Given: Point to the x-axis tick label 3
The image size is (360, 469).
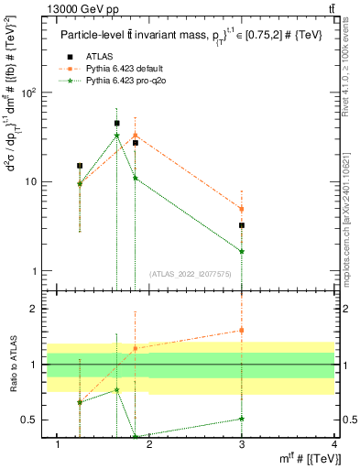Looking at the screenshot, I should [242, 444].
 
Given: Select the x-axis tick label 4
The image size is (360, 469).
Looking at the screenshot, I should [334, 444].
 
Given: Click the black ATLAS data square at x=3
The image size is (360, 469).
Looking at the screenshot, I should [242, 225].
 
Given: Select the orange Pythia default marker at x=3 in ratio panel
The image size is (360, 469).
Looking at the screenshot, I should [242, 330].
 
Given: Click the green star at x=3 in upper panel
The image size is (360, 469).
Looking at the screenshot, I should [242, 251].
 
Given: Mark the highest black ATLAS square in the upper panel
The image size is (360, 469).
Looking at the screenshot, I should [116, 123].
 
